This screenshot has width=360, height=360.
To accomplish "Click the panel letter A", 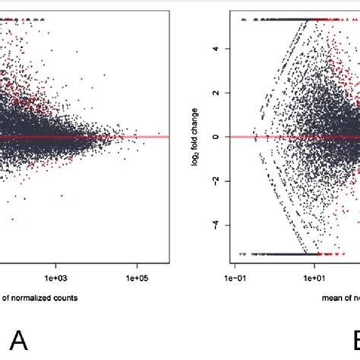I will coord(18,341).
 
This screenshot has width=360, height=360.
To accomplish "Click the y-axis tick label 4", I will coord(215,48).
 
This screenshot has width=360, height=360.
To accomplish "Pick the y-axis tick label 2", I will coord(215,93).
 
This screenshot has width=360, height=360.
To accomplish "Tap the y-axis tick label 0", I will coord(215,137).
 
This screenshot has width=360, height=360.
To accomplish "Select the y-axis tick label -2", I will coord(215,181).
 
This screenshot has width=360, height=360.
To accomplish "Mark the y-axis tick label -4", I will coord(215,225).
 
